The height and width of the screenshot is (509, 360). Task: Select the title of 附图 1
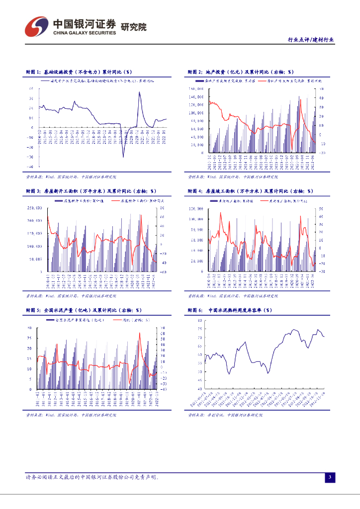(x=79, y=72)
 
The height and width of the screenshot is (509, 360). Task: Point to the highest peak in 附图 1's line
(x=139, y=92)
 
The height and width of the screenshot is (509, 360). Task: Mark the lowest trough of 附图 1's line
(x=123, y=157)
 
